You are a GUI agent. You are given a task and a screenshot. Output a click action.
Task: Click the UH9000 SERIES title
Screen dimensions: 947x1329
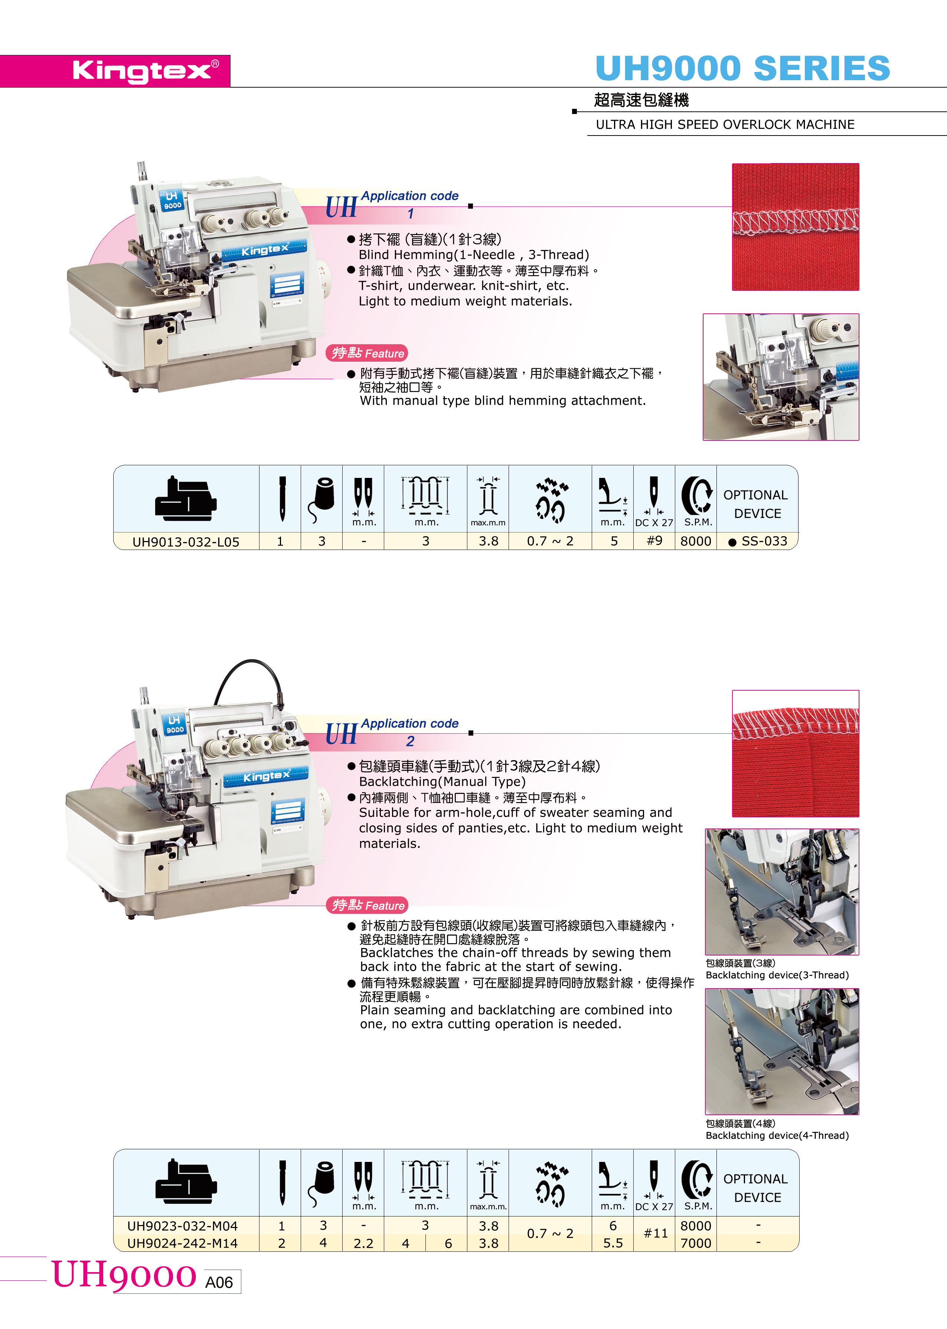pos(742,68)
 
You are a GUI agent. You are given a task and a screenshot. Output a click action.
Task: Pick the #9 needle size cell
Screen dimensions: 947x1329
pos(654,541)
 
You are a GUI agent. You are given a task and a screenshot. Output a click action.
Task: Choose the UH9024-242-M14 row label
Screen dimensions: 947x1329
pos(183,1243)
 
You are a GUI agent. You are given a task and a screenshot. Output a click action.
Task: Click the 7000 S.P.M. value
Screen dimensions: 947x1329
pos(696,1243)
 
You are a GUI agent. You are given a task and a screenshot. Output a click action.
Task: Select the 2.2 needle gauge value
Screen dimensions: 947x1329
pos(363,1243)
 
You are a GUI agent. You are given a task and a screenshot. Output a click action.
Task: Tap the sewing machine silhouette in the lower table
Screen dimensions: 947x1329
pos(186,1182)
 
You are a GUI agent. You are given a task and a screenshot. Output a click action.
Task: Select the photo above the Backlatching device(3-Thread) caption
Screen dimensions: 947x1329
pos(781,892)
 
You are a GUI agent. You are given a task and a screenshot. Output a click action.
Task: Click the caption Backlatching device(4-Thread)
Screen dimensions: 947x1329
pos(777,1136)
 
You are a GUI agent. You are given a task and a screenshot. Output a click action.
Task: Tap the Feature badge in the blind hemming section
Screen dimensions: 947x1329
pos(367,353)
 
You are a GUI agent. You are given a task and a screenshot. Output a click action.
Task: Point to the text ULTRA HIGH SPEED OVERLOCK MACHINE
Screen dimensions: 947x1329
pos(725,124)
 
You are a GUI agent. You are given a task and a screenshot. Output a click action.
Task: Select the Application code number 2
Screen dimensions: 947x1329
pos(411,741)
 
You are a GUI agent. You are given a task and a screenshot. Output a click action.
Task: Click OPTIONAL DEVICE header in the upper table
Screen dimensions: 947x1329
pos(756,504)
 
